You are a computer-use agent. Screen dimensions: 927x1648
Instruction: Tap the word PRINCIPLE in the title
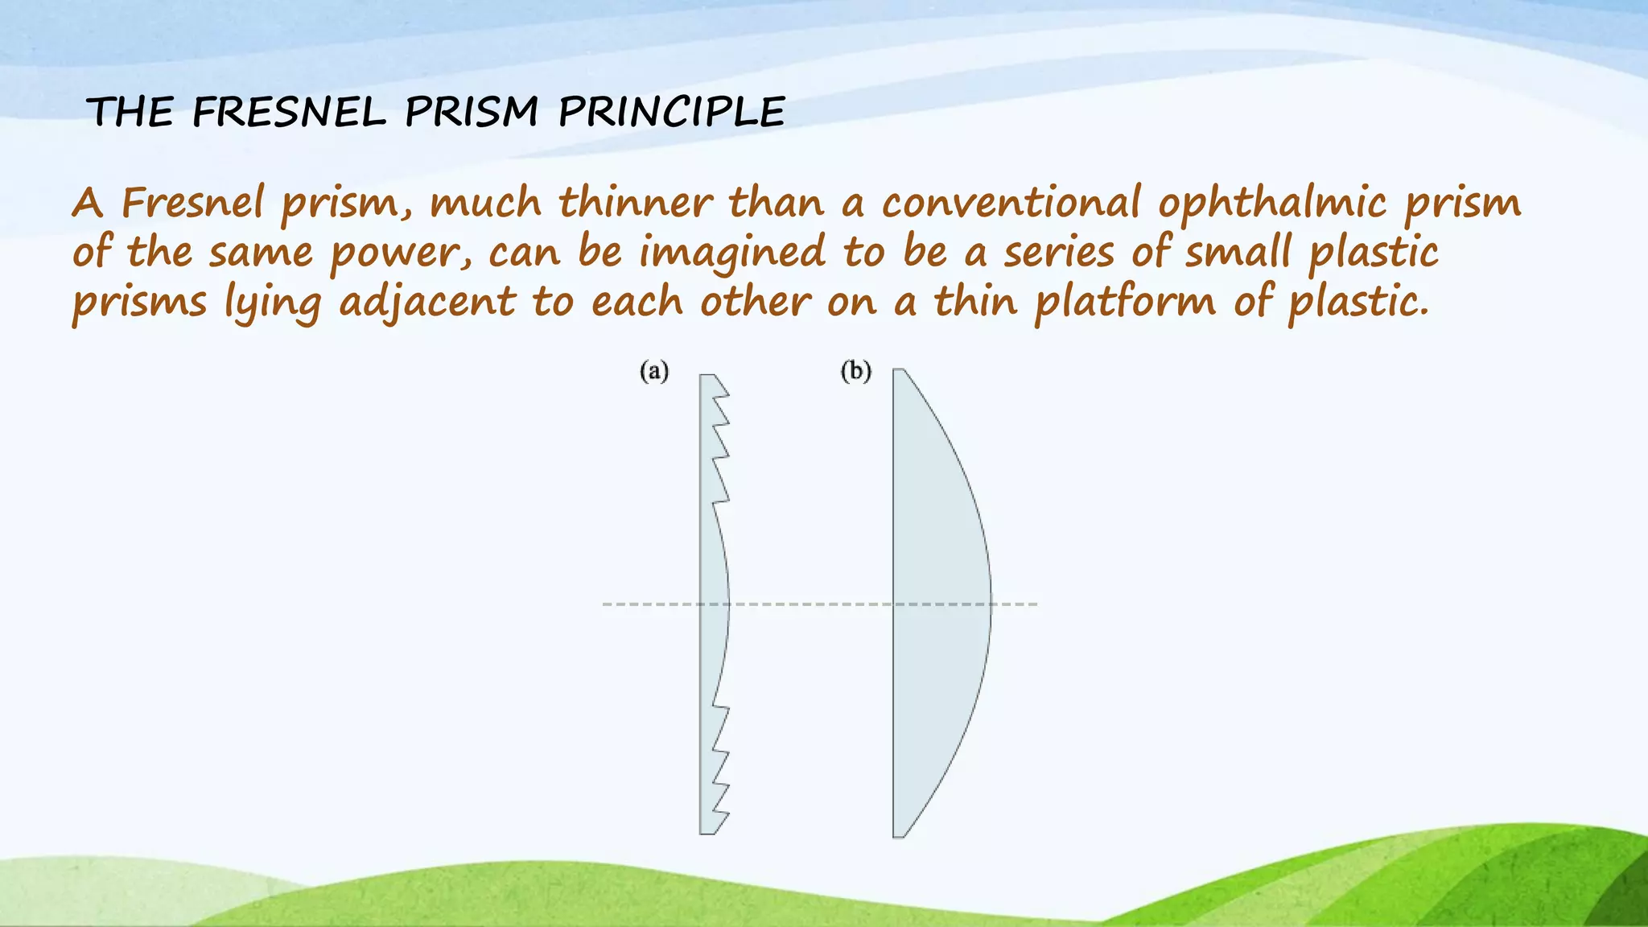tap(671, 112)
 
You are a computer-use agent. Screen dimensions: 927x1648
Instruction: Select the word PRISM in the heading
tap(472, 112)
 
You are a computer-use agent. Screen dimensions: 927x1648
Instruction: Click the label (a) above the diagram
tap(654, 372)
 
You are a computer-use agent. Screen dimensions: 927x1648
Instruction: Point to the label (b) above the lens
tap(855, 372)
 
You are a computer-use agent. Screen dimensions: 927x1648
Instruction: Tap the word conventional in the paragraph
tap(1011, 202)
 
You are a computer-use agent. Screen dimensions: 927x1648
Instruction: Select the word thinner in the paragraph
tap(636, 202)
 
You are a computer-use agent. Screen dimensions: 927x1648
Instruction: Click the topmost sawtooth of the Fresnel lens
tap(719, 386)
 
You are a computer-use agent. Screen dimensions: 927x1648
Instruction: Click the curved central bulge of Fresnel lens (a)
tap(716, 604)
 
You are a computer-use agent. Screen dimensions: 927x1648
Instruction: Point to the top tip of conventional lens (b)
tap(899, 372)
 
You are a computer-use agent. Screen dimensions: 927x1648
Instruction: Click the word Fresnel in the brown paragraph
tap(192, 202)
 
